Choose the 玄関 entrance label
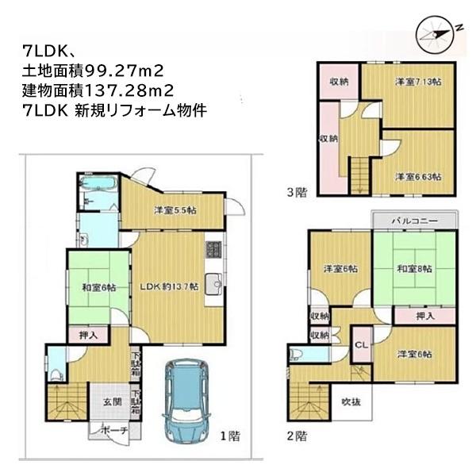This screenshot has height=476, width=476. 111,402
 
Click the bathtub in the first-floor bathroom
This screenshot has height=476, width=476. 99,187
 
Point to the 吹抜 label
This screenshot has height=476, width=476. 351,402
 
